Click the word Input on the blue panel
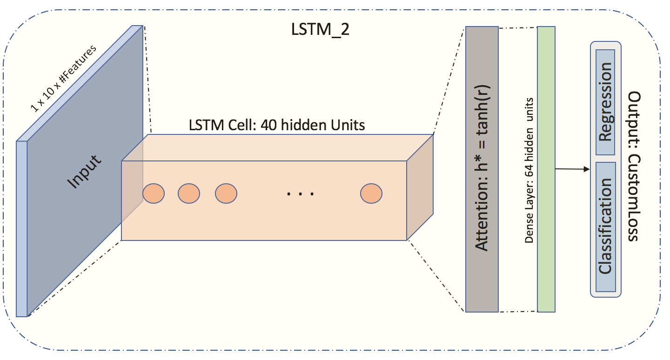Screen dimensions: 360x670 (x=84, y=172)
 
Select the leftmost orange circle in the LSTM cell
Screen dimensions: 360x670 (x=153, y=193)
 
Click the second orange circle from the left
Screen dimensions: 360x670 (x=189, y=193)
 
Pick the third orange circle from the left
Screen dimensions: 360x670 (x=226, y=193)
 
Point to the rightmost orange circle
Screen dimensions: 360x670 (x=371, y=193)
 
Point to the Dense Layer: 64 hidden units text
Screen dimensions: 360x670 (x=529, y=170)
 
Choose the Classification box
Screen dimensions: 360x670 (x=605, y=227)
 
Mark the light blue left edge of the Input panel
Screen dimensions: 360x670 (x=22, y=228)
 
